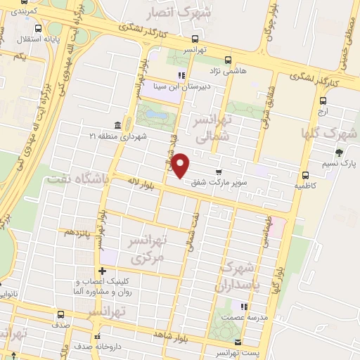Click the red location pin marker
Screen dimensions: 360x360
coord(181,165)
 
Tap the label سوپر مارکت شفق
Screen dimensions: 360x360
coord(247,181)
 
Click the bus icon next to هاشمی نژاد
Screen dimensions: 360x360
coord(226,60)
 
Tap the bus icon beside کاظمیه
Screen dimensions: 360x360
coord(304,176)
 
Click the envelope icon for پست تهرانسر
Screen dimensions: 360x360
coord(237,342)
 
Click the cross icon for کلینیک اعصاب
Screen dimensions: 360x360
coord(103,271)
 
